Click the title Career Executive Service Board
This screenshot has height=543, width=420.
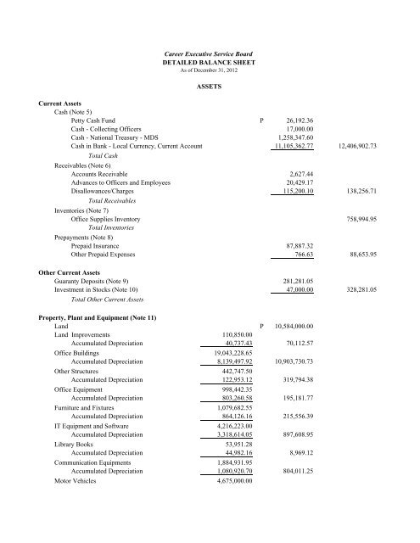(209, 54)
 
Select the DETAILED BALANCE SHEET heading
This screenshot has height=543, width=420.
(209, 64)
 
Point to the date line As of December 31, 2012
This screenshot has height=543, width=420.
(209, 72)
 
